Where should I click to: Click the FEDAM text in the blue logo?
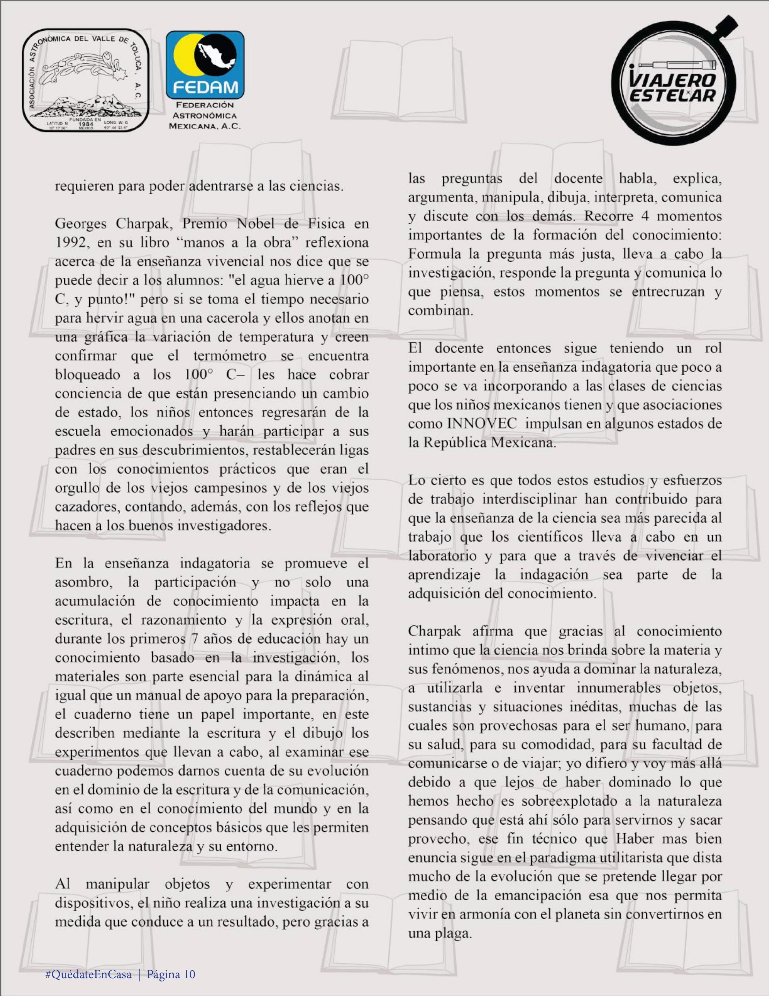pyautogui.click(x=205, y=86)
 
